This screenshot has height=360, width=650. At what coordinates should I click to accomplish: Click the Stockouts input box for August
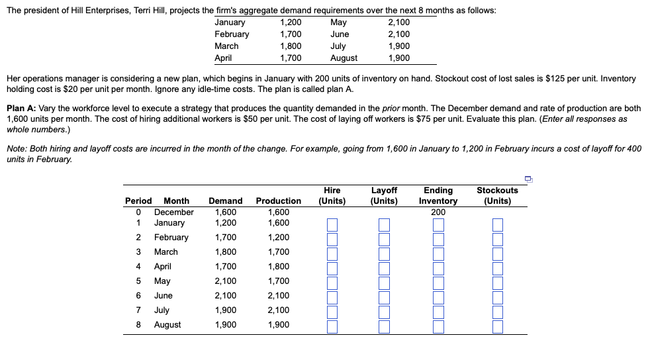(497, 326)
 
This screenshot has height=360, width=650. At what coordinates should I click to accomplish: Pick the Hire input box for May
(332, 283)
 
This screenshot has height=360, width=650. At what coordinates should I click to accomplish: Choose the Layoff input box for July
(385, 312)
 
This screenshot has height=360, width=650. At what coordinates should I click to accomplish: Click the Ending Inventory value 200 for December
(438, 212)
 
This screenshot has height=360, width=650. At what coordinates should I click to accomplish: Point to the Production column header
(278, 201)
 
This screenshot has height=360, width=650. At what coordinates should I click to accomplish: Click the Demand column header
(225, 201)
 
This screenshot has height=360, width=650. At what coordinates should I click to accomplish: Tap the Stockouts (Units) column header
(497, 195)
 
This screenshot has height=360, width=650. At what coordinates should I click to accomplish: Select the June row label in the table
(163, 296)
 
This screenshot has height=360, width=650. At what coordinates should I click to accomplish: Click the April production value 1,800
(278, 267)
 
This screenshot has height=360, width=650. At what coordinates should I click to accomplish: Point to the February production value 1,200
(278, 238)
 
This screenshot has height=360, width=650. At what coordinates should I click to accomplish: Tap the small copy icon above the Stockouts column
(528, 178)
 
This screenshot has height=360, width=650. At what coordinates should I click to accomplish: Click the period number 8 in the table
(138, 325)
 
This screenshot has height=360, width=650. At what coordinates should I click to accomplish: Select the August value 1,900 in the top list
(398, 58)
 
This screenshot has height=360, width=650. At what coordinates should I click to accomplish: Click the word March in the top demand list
(226, 46)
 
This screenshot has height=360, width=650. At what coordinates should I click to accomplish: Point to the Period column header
(138, 201)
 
